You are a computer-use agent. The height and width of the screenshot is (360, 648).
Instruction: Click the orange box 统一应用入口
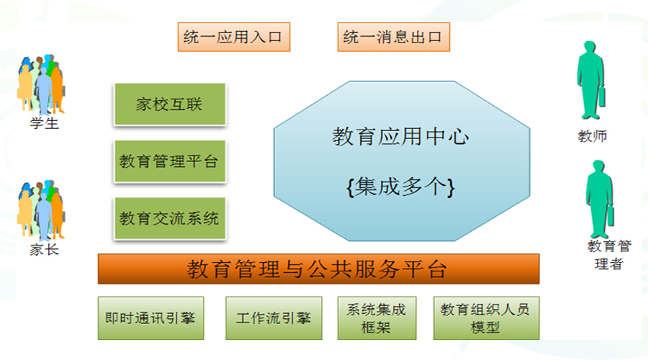(x=234, y=37)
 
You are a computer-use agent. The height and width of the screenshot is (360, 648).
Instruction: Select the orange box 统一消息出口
(x=393, y=37)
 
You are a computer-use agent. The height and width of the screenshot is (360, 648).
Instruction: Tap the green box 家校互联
(x=170, y=104)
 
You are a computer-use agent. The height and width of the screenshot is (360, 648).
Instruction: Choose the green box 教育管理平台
(x=170, y=161)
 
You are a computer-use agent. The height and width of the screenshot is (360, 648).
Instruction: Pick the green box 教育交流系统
(x=170, y=218)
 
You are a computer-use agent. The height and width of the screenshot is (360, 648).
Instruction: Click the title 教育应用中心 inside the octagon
(x=400, y=137)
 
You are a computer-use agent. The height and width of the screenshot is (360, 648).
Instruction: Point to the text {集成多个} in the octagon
(x=400, y=186)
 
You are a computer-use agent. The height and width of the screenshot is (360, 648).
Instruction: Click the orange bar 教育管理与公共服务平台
(x=319, y=269)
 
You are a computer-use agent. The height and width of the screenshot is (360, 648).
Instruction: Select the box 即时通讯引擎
(x=151, y=318)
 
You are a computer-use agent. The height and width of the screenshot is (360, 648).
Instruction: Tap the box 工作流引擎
(x=274, y=318)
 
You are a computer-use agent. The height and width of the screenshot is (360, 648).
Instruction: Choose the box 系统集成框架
(x=377, y=318)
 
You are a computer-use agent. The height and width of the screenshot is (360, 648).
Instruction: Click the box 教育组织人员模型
(x=487, y=318)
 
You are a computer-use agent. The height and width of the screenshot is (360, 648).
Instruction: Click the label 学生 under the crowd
(x=44, y=123)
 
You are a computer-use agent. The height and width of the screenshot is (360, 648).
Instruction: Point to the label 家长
(x=44, y=250)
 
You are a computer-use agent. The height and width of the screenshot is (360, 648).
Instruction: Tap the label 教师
(x=593, y=136)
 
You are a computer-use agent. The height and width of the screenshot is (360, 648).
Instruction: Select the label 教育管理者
(x=609, y=255)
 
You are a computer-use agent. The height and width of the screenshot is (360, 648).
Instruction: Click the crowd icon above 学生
(x=41, y=84)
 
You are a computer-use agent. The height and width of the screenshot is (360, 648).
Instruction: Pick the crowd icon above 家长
(x=41, y=210)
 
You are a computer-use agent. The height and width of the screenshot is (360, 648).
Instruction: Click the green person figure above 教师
(x=591, y=80)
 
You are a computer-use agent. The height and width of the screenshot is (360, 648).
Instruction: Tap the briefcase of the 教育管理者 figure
(x=611, y=216)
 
